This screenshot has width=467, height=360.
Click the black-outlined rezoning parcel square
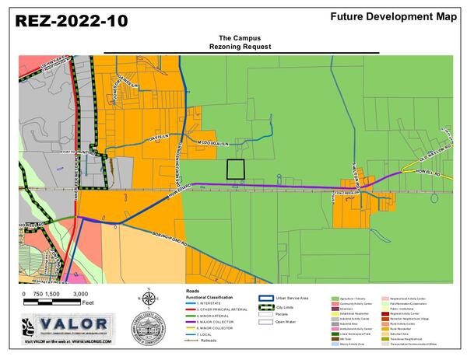pyautogui.click(x=234, y=170)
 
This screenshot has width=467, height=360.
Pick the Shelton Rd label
pyautogui.click(x=340, y=176)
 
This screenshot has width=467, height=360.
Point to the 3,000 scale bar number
pyautogui.click(x=81, y=294)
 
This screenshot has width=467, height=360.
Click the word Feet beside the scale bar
pyautogui.click(x=88, y=302)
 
